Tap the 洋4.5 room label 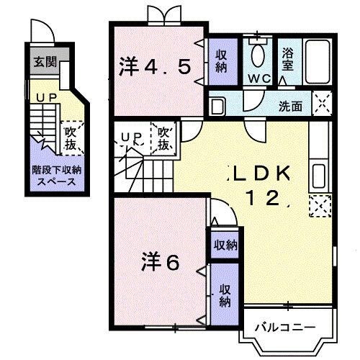coord(154,66)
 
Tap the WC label coord(257,77)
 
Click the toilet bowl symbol coord(257,55)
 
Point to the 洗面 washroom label coord(292,106)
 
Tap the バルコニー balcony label coord(286,328)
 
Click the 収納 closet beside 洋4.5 coord(220,61)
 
